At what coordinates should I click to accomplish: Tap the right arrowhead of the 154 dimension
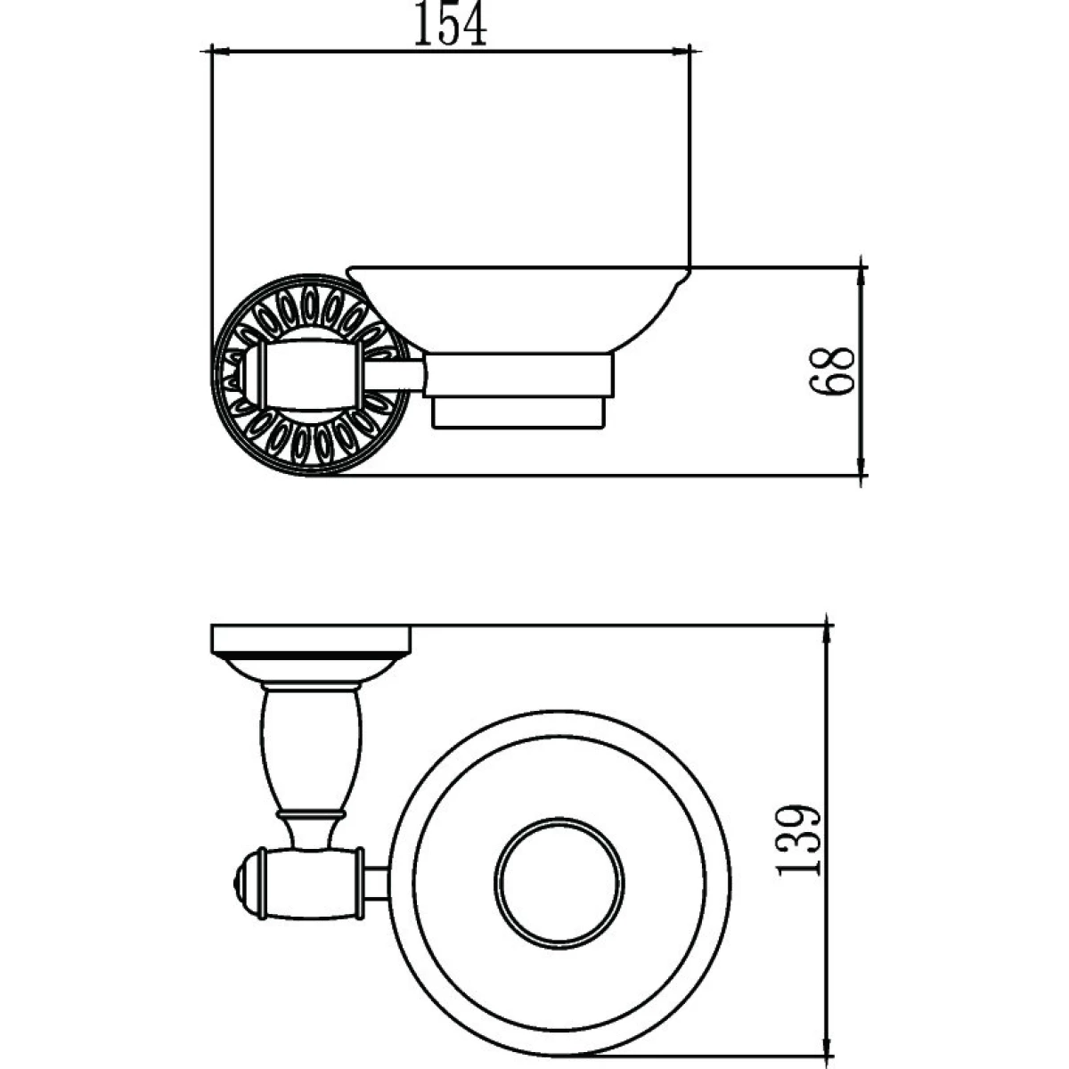[681, 52]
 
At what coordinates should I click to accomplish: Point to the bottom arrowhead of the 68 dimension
[861, 466]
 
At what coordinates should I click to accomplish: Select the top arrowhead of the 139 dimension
[828, 634]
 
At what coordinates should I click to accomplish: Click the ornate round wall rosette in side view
[311, 375]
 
